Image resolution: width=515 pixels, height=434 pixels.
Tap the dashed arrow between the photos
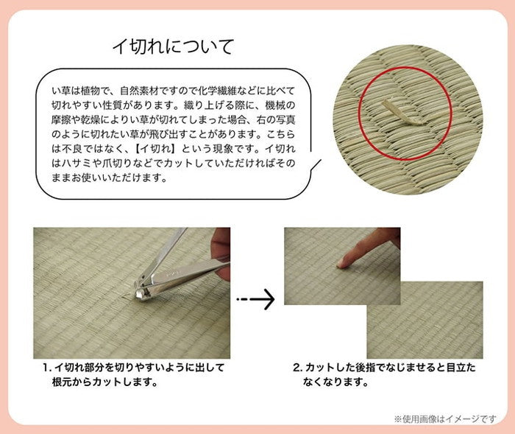255,298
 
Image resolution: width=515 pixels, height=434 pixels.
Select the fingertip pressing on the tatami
341,261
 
